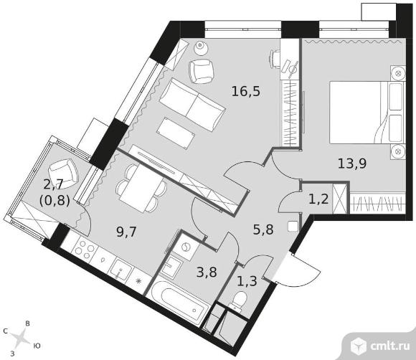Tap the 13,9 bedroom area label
[x=351, y=164]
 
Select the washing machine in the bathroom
[x=186, y=247]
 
